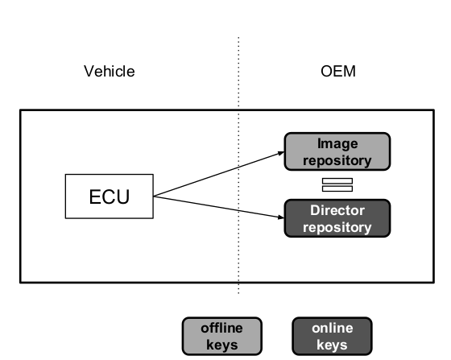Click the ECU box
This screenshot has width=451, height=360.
(x=110, y=197)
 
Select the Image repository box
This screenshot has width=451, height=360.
(x=337, y=151)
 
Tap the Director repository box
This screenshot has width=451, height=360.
(x=337, y=218)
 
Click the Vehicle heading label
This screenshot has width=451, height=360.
(x=110, y=71)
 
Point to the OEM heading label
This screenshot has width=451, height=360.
(x=338, y=71)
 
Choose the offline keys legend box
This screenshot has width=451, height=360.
(x=222, y=336)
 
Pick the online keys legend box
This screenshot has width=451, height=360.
(x=332, y=336)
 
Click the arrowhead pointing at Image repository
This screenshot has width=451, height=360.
(x=281, y=153)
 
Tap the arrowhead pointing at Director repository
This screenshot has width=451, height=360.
(x=281, y=217)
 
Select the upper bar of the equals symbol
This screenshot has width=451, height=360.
(x=337, y=181)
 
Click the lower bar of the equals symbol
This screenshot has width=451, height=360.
(x=337, y=188)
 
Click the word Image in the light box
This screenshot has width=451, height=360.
(x=337, y=143)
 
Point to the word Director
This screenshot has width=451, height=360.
(x=337, y=210)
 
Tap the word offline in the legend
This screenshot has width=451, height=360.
(x=221, y=328)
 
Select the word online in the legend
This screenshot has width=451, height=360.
(x=332, y=328)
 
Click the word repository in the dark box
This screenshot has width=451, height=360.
(x=337, y=227)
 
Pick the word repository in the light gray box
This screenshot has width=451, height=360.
(x=337, y=160)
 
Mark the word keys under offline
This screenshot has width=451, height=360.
(x=222, y=345)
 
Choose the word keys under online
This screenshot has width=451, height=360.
(x=332, y=345)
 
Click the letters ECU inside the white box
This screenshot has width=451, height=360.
(x=110, y=197)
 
